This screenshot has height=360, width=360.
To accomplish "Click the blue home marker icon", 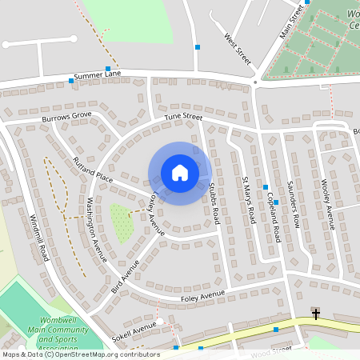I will pyautogui.click(x=180, y=172).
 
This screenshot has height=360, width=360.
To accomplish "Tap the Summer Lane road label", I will pyautogui.click(x=97, y=75).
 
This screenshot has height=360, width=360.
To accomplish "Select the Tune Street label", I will pyautogui.click(x=184, y=117).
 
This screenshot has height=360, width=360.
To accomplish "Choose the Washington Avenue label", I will pyautogui.click(x=97, y=230).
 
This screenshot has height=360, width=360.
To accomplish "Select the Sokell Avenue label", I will pyautogui.click(x=134, y=332).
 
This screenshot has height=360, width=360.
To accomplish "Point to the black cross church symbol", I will pyautogui.click(x=316, y=314).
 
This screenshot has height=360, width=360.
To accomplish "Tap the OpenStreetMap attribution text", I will pyautogui.click(x=80, y=354).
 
